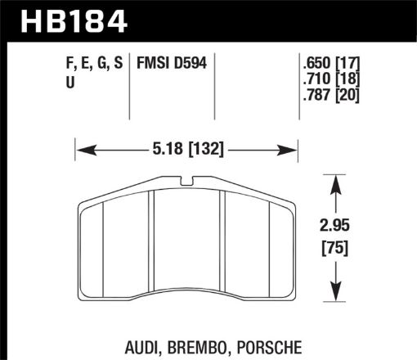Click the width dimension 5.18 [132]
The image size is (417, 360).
coord(186,151)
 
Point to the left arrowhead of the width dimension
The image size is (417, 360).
coord(83,151)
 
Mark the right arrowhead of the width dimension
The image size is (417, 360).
coord(289,151)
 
